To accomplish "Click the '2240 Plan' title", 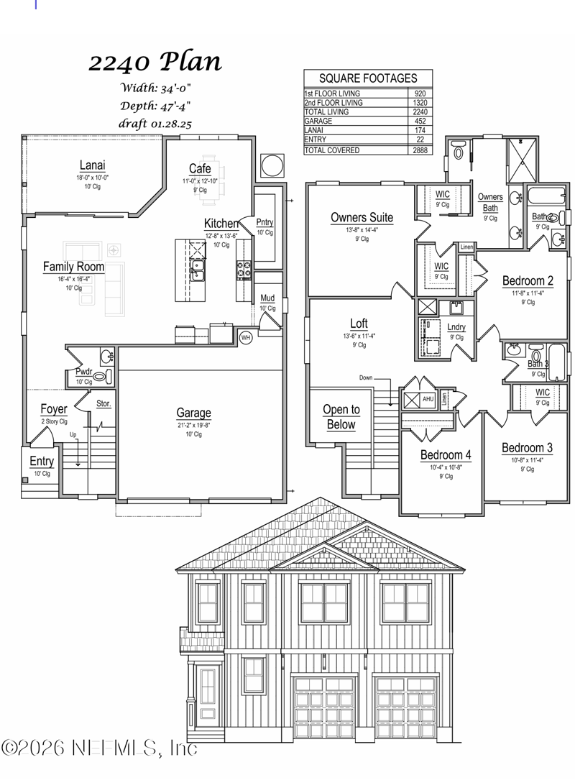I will pyautogui.click(x=155, y=62).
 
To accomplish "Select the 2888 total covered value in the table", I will pyautogui.click(x=420, y=150).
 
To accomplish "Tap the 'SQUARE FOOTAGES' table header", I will pyautogui.click(x=367, y=78).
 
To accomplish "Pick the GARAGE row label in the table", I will pyautogui.click(x=318, y=122).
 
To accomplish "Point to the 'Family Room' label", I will pyautogui.click(x=73, y=267).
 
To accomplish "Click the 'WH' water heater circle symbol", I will pyautogui.click(x=245, y=337).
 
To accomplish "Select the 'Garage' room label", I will pyautogui.click(x=193, y=413).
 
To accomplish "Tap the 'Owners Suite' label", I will pyautogui.click(x=362, y=217).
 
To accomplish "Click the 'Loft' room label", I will pyautogui.click(x=359, y=324).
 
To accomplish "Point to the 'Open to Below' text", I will pyautogui.click(x=341, y=417).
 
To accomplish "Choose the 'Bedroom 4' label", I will pyautogui.click(x=446, y=455).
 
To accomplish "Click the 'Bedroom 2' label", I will pyautogui.click(x=528, y=281).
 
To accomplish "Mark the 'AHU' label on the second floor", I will pyautogui.click(x=428, y=399).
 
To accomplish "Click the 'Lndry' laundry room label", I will pyautogui.click(x=456, y=328).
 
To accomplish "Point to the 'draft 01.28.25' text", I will pyautogui.click(x=155, y=123).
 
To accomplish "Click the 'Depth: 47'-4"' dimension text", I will pyautogui.click(x=155, y=106).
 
